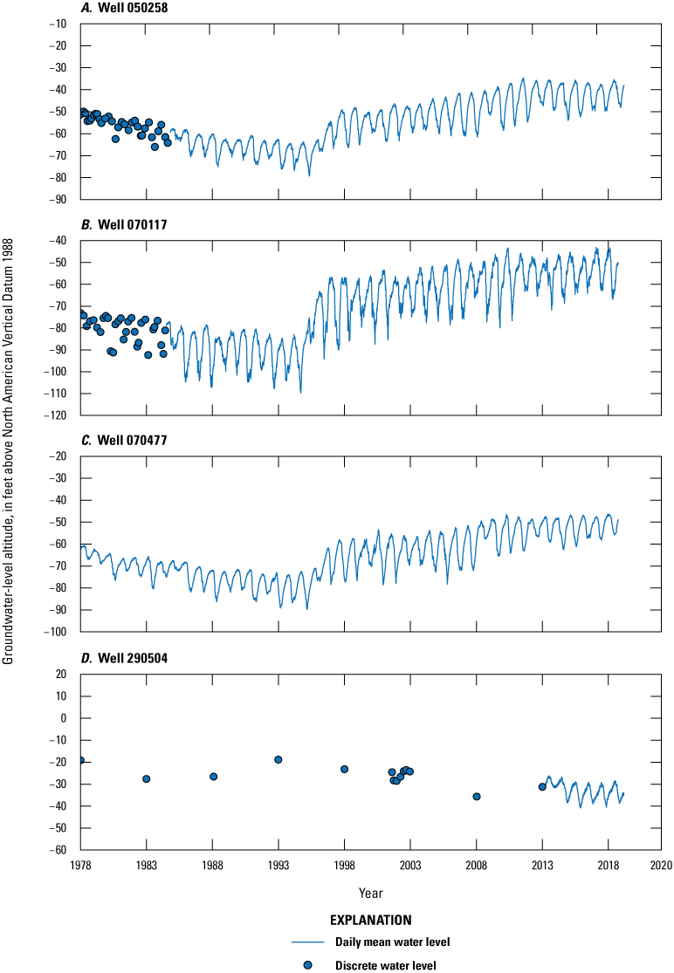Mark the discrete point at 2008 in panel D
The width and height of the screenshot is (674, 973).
pos(477,796)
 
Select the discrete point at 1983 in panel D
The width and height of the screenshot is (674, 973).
pos(147,778)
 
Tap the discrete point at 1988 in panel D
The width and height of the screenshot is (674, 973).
pos(213,777)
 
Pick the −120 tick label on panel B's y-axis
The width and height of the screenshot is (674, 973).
pos(57,415)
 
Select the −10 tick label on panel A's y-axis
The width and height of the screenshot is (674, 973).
pos(59,24)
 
